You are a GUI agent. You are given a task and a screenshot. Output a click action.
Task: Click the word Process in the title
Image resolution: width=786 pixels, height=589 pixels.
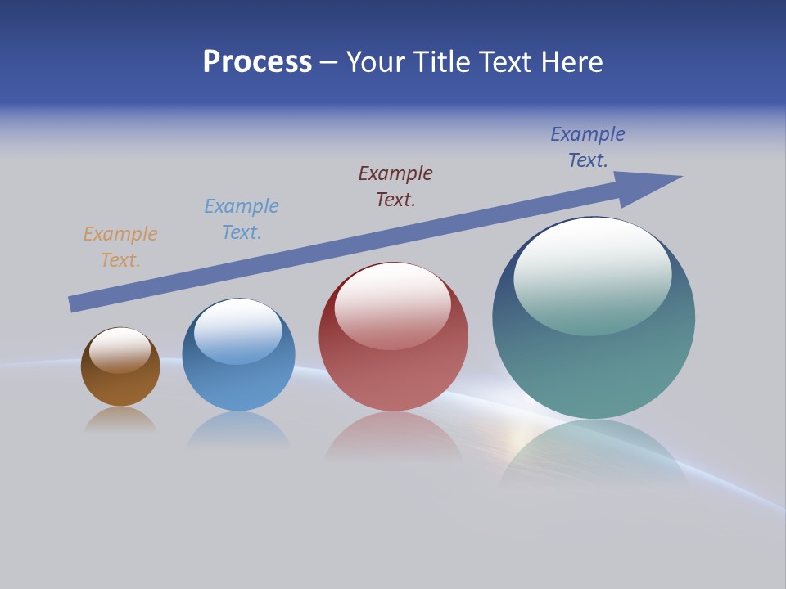[257, 62]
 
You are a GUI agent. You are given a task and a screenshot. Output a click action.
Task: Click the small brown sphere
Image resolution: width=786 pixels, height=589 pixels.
[120, 384]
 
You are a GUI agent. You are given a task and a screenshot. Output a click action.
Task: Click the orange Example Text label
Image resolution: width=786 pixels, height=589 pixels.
[120, 247]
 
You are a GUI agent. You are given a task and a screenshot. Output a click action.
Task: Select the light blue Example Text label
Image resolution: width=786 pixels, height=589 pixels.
[242, 219]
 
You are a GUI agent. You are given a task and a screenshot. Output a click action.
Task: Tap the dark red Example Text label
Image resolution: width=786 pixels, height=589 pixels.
[395, 187]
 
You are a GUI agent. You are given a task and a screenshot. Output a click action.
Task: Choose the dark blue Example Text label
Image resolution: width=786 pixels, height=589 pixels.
[588, 147]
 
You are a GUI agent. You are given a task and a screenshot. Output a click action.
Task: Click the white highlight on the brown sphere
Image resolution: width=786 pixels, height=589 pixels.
[120, 350]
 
